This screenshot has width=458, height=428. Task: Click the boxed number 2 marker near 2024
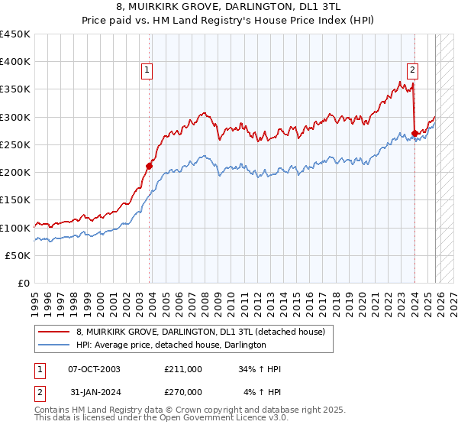click(x=412, y=70)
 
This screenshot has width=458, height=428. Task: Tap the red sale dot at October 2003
click(x=150, y=165)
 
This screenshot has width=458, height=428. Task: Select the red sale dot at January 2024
click(x=414, y=133)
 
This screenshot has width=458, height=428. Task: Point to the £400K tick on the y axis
click(x=16, y=62)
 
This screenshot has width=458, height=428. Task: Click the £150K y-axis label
click(x=16, y=200)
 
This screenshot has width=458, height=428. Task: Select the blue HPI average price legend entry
click(x=170, y=345)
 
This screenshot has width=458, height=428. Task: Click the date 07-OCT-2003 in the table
click(x=94, y=369)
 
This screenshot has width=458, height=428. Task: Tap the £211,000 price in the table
click(x=183, y=369)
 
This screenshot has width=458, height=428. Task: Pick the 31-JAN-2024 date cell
click(x=94, y=391)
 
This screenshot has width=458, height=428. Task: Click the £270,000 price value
click(x=183, y=391)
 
